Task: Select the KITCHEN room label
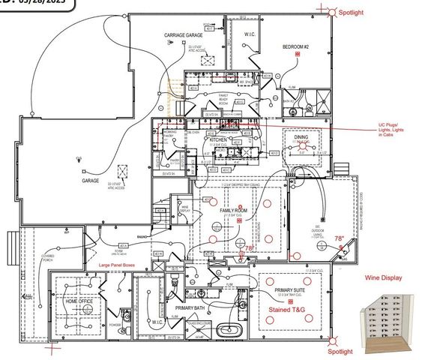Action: point(218,139)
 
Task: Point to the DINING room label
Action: point(301,137)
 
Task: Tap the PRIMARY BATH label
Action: point(190,308)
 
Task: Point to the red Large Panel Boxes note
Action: point(113,266)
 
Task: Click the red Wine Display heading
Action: point(384,278)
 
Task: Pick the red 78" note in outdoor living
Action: point(339,239)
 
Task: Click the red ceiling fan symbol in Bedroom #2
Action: point(298,55)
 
